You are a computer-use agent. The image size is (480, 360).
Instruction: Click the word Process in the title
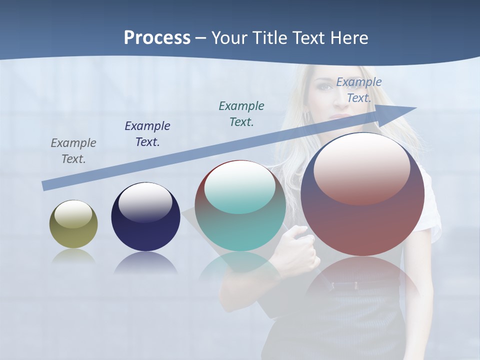coord(157,38)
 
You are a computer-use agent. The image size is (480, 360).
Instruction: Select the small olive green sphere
coord(73,224)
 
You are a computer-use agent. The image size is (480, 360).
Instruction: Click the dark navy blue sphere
coord(145,217)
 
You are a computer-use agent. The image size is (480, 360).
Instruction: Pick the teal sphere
coord(240,206)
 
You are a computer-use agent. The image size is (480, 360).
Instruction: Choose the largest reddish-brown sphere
coord(362,195)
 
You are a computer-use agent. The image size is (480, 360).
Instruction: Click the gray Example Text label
coord(73,150)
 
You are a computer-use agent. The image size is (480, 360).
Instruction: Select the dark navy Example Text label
coord(147,133)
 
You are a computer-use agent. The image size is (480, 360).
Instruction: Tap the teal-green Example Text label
coord(241,113)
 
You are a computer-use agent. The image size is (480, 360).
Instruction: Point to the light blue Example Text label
coord(359,89)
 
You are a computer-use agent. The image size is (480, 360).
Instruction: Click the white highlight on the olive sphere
coord(73,214)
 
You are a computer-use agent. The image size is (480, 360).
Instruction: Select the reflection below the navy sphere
coord(145,263)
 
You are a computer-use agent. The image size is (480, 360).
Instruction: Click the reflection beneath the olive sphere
coord(73,256)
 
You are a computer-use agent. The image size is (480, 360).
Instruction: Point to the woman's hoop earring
coord(307,117)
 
